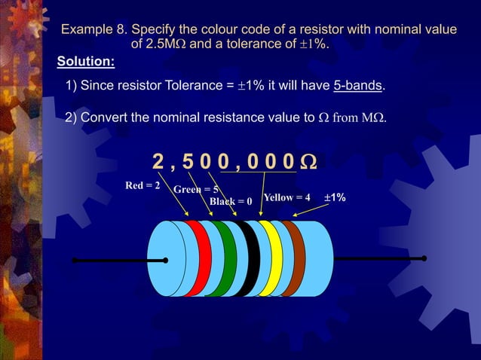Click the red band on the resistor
click(x=200, y=258)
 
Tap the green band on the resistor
click(x=225, y=258)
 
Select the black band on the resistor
click(x=250, y=258)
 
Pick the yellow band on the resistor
click(x=271, y=258)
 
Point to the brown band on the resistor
click(x=293, y=258)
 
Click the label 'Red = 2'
click(x=142, y=185)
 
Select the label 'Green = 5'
click(x=196, y=190)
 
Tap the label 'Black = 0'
click(x=231, y=202)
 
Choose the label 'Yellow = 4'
click(x=286, y=197)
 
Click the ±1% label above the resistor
click(x=335, y=197)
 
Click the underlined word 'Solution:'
click(x=86, y=60)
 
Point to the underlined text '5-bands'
click(x=358, y=85)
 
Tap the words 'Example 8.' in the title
click(x=93, y=30)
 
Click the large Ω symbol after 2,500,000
click(x=308, y=162)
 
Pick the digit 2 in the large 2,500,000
click(x=158, y=162)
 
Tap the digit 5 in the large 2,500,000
click(x=188, y=162)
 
